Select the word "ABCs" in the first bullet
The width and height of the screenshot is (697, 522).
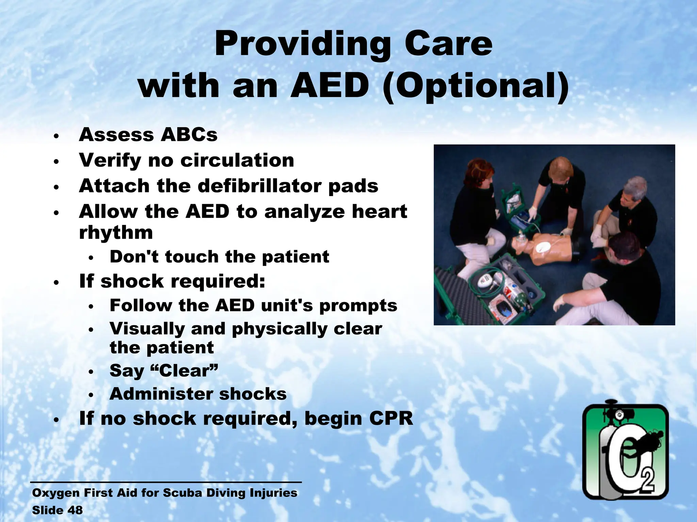(189, 135)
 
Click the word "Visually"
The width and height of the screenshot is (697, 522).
(147, 329)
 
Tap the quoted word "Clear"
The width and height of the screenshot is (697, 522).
(187, 371)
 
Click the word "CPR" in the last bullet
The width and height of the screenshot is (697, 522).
(391, 418)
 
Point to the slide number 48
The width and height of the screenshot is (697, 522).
(75, 510)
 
